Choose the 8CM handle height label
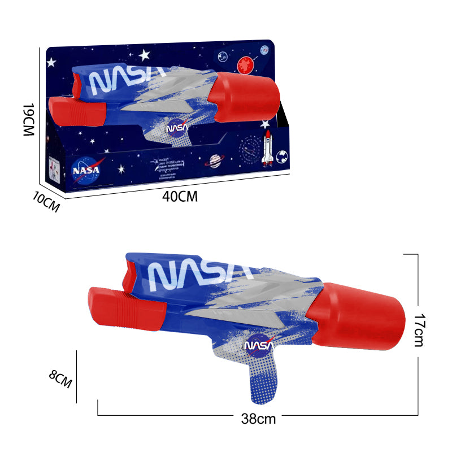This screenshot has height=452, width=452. [60, 378]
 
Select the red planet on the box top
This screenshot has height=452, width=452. [245, 66]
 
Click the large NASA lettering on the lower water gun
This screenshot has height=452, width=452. [195, 275]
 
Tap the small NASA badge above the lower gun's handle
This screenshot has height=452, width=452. [258, 346]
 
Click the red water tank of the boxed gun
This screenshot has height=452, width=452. [244, 96]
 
